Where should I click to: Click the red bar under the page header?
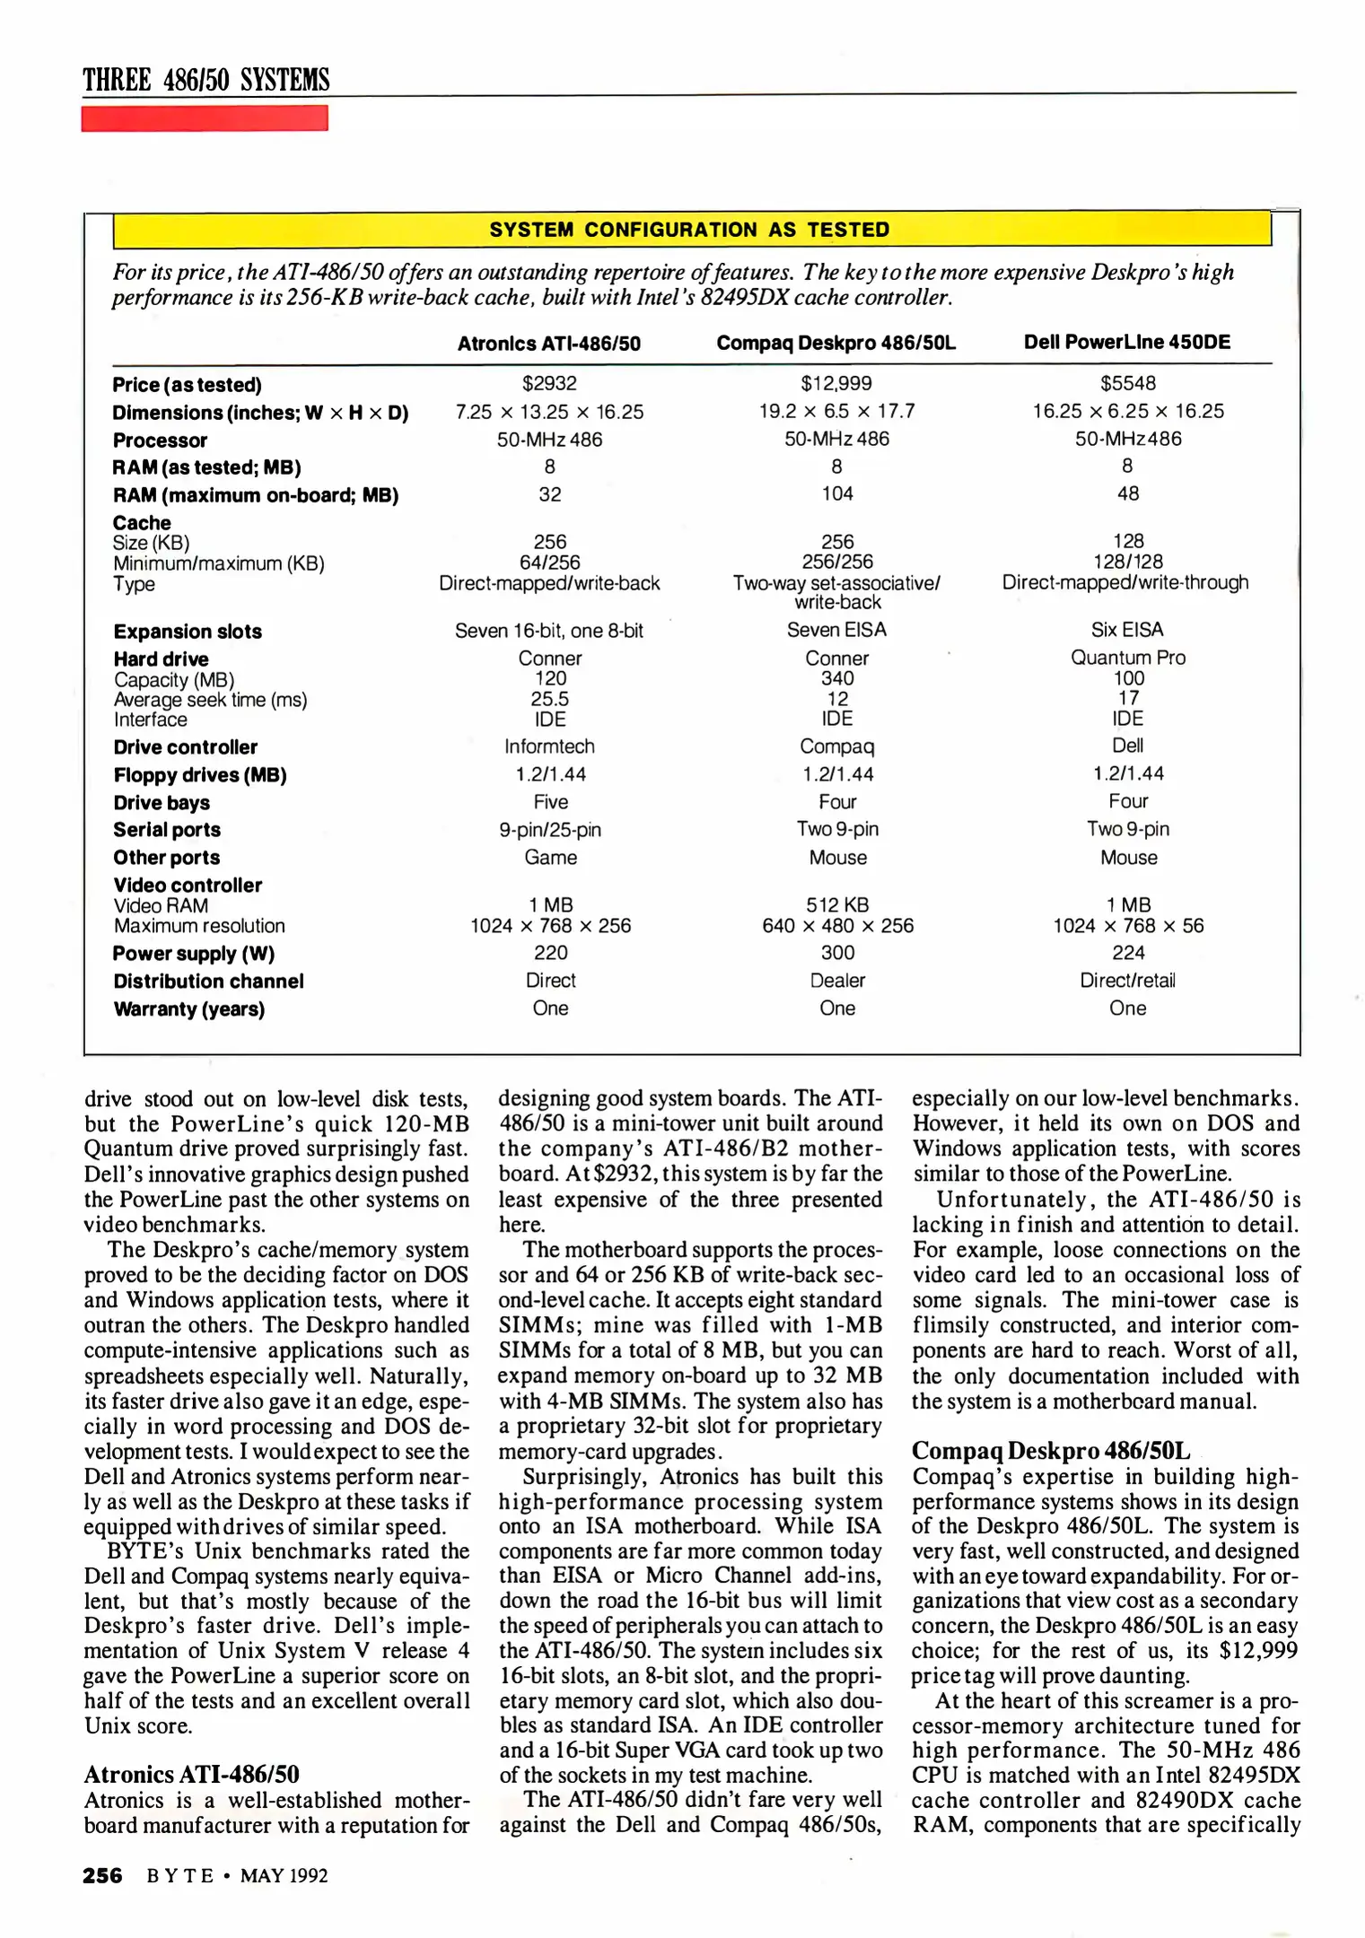pyautogui.click(x=204, y=118)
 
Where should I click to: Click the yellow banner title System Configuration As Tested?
pyautogui.click(x=689, y=230)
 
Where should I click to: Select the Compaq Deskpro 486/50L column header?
pyautogui.click(x=836, y=343)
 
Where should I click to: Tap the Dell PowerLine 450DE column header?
pyautogui.click(x=1126, y=342)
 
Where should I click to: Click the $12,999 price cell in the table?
pyautogui.click(x=836, y=384)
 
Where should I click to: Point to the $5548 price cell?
pyautogui.click(x=1127, y=384)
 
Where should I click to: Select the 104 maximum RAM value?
pyautogui.click(x=836, y=493)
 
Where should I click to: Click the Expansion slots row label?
pyautogui.click(x=188, y=632)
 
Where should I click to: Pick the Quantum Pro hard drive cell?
pyautogui.click(x=1127, y=658)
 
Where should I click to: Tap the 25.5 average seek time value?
pyautogui.click(x=549, y=699)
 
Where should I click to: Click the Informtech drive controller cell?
pyautogui.click(x=549, y=746)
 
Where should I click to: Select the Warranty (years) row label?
pyautogui.click(x=188, y=1009)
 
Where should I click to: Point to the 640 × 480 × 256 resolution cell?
pyautogui.click(x=837, y=926)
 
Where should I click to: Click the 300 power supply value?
pyautogui.click(x=836, y=953)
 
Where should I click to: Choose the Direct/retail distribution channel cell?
pyautogui.click(x=1127, y=981)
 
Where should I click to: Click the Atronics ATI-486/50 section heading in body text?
pyautogui.click(x=191, y=1775)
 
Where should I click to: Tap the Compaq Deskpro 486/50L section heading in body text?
pyautogui.click(x=1050, y=1451)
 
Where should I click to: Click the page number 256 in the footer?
pyautogui.click(x=102, y=1876)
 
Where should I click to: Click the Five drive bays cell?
pyautogui.click(x=550, y=802)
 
